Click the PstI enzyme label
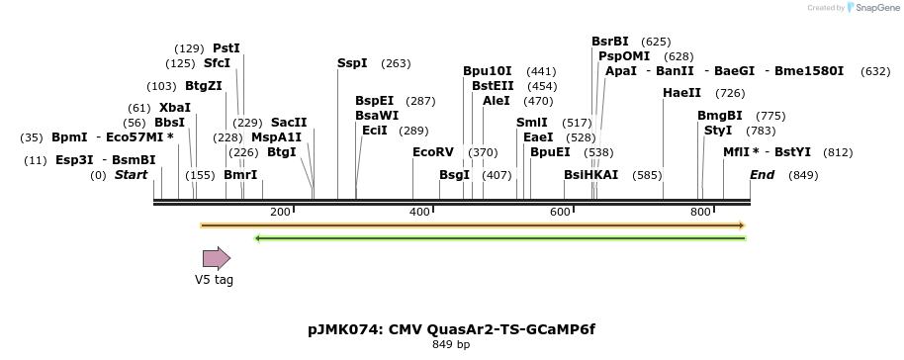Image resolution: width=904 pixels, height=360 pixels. tap(226, 47)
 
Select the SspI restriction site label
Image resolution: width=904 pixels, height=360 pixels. tap(352, 63)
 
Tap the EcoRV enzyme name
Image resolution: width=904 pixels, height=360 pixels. tap(432, 152)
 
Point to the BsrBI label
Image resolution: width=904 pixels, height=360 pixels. tap(609, 42)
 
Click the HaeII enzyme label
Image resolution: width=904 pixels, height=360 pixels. tap(681, 93)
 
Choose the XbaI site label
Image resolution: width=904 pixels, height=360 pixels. tap(175, 108)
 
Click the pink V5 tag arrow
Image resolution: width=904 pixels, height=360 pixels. tap(216, 259)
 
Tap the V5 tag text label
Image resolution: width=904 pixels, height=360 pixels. tap(214, 280)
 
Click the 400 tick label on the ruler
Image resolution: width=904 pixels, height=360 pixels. tap(420, 213)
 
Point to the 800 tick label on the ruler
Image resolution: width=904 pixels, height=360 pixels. tap(700, 213)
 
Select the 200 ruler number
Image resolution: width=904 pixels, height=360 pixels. tap(280, 213)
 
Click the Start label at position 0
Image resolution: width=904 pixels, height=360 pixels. tap(131, 175)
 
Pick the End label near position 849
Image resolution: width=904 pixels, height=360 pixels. tap(762, 175)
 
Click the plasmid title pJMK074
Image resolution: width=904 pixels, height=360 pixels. tap(452, 329)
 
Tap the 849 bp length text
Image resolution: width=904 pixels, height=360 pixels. tap(452, 345)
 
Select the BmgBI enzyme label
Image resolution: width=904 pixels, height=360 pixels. tap(719, 116)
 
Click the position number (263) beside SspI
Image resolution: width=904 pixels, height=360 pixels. tap(396, 63)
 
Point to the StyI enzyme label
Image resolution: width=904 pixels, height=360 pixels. tap(718, 131)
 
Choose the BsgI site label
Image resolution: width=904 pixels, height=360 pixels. tap(454, 175)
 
